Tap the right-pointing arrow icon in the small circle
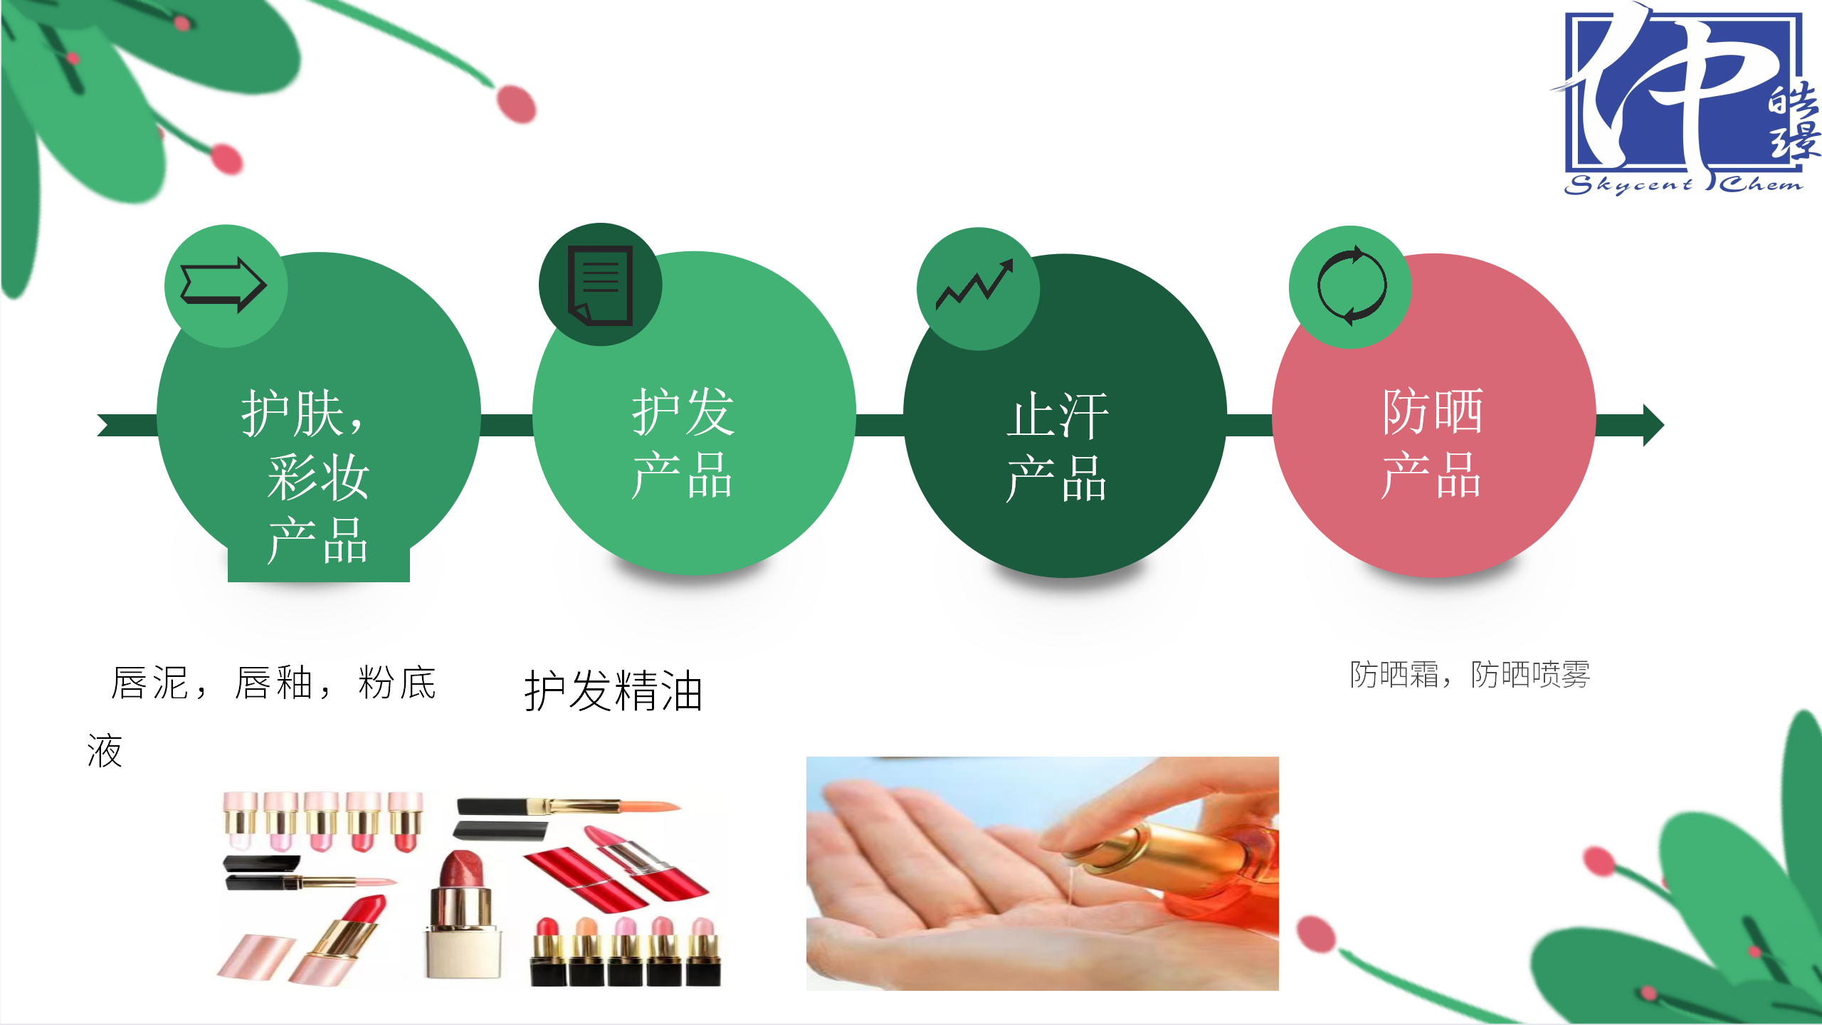click(224, 285)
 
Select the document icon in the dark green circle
click(600, 285)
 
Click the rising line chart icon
click(974, 285)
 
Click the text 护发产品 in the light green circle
click(683, 443)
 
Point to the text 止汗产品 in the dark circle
click(1058, 447)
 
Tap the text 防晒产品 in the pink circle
click(1433, 443)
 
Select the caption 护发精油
click(614, 690)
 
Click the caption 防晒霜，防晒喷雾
click(1470, 674)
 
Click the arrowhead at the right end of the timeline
click(1653, 425)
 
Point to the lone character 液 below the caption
click(105, 751)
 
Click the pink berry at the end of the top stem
click(517, 104)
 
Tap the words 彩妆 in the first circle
click(318, 476)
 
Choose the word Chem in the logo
click(1761, 184)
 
